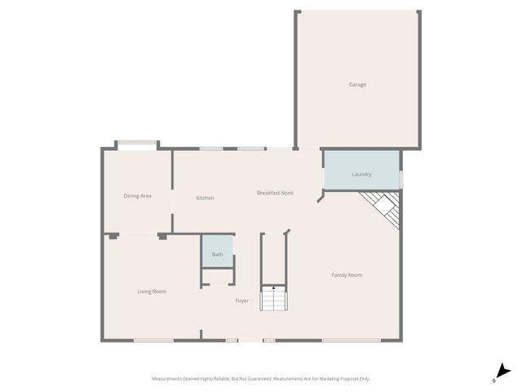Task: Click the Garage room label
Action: point(357,84)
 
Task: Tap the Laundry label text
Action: point(361,175)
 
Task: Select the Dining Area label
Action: point(137,196)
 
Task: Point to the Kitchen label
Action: point(205,198)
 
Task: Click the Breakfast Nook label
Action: point(275,193)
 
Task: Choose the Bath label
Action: point(217,255)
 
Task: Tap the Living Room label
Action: point(152,292)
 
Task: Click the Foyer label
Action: point(242,301)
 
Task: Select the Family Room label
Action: point(347,275)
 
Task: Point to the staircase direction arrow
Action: point(273,288)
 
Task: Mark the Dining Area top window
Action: point(137,145)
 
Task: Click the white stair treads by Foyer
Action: point(273,301)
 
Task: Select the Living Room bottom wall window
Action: point(153,340)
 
